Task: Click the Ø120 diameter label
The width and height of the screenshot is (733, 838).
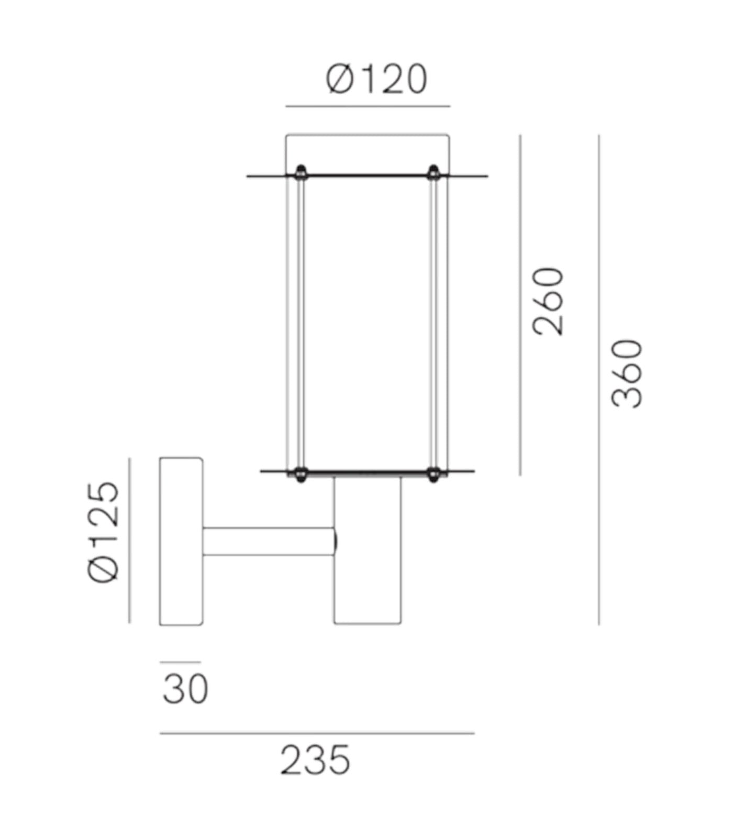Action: (x=376, y=80)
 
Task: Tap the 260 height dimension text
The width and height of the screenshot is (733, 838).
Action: (x=548, y=301)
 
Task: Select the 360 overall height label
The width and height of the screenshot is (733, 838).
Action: (x=627, y=373)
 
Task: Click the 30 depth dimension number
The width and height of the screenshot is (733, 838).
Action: (x=185, y=689)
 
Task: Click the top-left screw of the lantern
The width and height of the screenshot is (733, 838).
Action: (x=301, y=171)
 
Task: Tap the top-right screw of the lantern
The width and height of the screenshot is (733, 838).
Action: (x=434, y=171)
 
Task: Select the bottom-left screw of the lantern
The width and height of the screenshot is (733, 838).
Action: (x=300, y=474)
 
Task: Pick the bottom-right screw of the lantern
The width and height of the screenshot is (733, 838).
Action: (x=433, y=474)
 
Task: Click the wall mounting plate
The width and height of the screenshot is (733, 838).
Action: (x=181, y=541)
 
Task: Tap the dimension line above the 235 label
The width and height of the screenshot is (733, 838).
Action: (x=317, y=733)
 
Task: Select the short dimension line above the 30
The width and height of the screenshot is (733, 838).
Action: (x=181, y=662)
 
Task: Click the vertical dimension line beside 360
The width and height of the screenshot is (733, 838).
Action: (x=599, y=380)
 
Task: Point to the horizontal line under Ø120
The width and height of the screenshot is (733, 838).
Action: (x=368, y=106)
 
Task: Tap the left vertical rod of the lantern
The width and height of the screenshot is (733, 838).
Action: (x=300, y=322)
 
